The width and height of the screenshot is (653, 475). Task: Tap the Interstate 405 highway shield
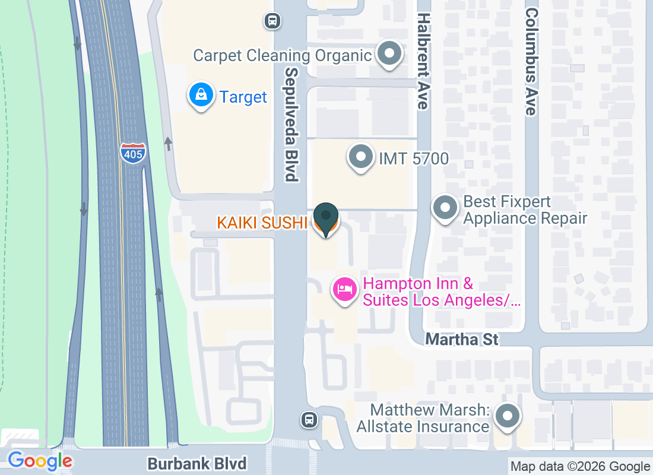pyautogui.click(x=132, y=153)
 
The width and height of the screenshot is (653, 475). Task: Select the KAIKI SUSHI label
pyautogui.click(x=262, y=223)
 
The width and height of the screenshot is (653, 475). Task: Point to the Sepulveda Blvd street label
pyautogui.click(x=291, y=123)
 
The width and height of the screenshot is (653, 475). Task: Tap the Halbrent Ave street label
pyautogui.click(x=423, y=61)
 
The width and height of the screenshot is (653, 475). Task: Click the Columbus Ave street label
pyautogui.click(x=531, y=61)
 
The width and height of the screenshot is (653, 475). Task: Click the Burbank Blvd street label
pyautogui.click(x=196, y=463)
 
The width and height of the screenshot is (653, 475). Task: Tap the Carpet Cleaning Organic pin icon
pyautogui.click(x=390, y=55)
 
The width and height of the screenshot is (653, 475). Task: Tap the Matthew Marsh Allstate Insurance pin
pyautogui.click(x=507, y=416)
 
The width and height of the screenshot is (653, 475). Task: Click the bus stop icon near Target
pyautogui.click(x=272, y=21)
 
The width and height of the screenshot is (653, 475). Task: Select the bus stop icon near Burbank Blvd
pyautogui.click(x=309, y=420)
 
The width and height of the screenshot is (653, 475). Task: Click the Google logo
pyautogui.click(x=40, y=460)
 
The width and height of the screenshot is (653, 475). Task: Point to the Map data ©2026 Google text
pyautogui.click(x=580, y=467)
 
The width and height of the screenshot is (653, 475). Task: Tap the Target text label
pyautogui.click(x=243, y=97)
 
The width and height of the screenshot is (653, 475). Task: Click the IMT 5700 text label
pyautogui.click(x=414, y=159)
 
